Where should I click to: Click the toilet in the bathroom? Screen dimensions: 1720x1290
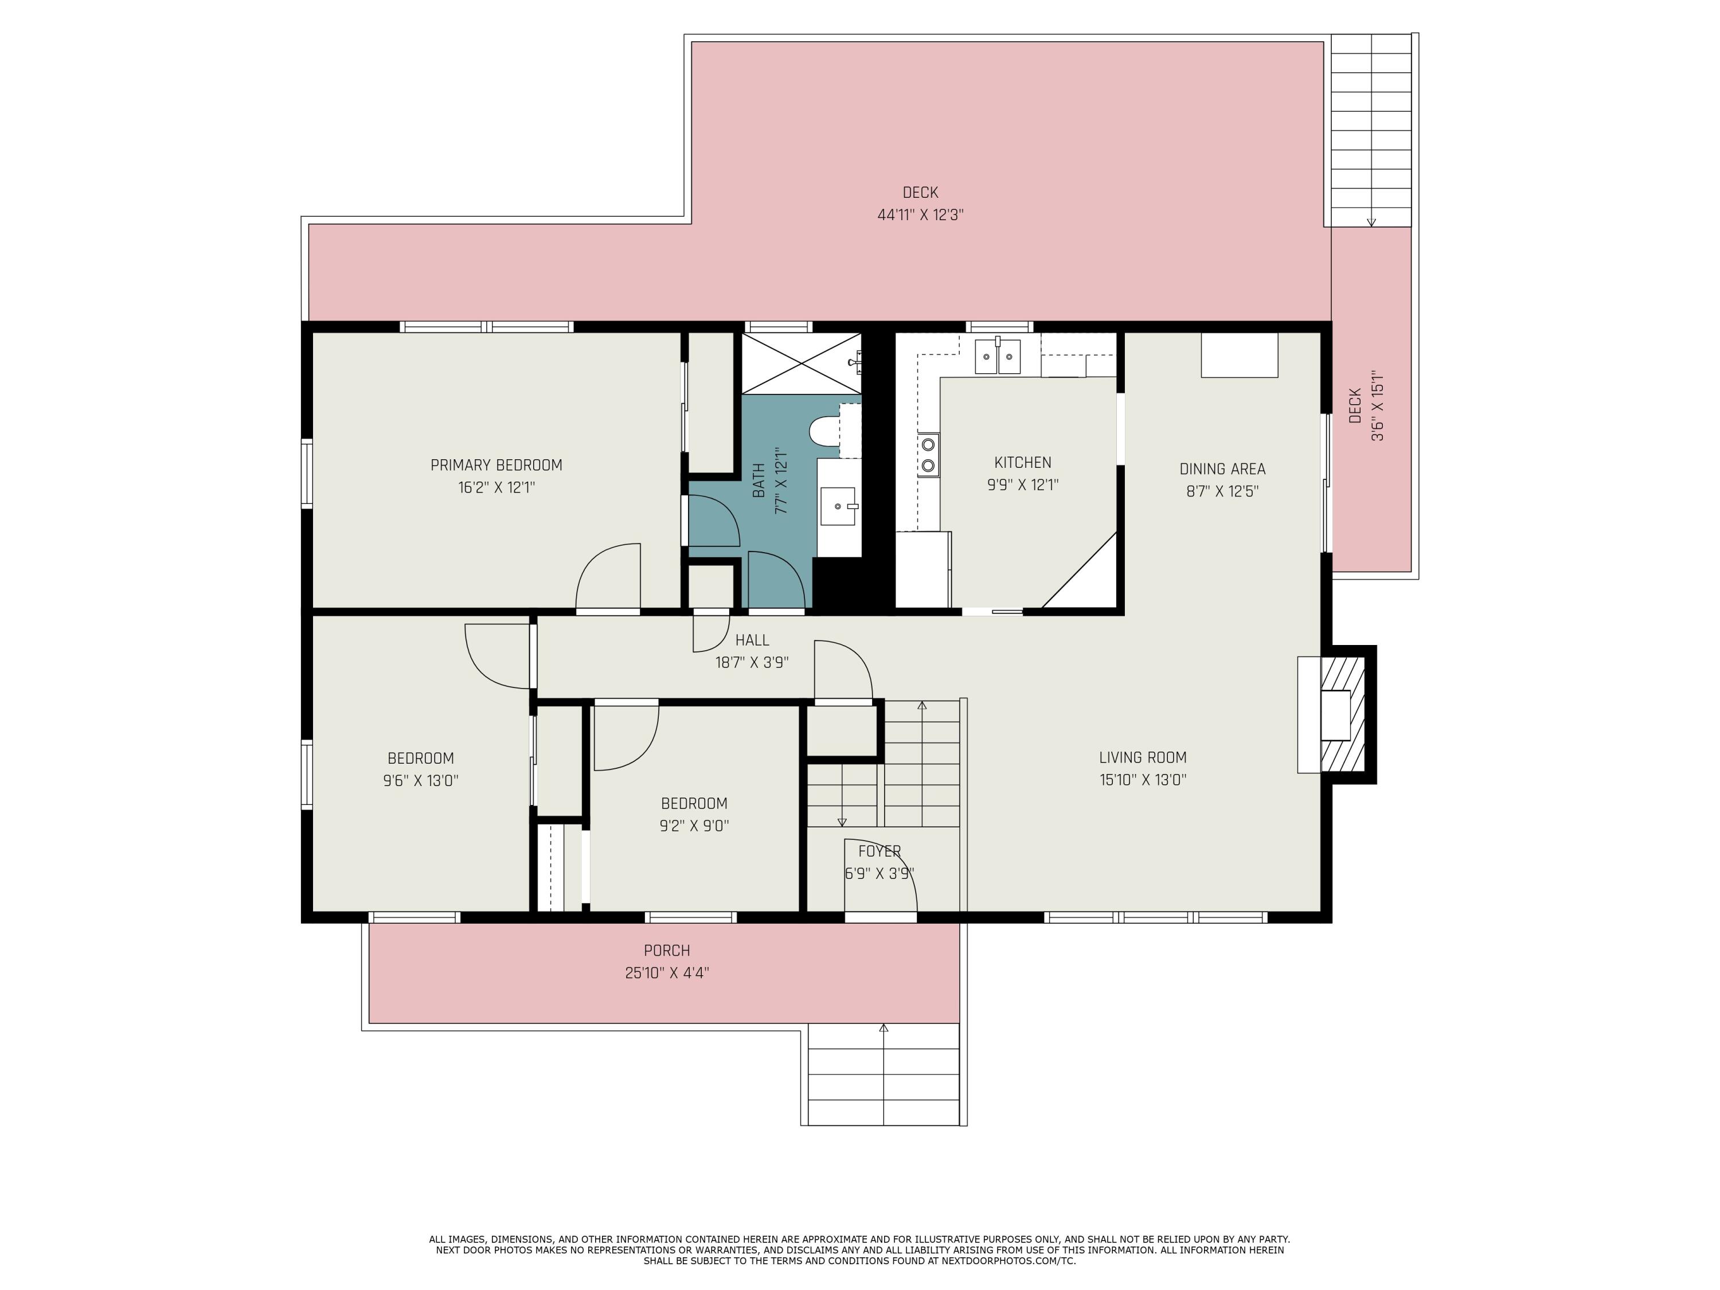coord(824,429)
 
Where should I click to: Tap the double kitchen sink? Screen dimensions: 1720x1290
coord(998,356)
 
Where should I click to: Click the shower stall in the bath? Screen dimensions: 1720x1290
coord(801,363)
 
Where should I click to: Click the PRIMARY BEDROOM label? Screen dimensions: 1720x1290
coord(496,465)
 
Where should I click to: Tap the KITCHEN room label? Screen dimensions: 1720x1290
coord(1022,463)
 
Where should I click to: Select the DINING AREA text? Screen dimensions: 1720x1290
coord(1222,469)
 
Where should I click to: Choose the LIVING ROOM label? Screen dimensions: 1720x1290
coord(1142,757)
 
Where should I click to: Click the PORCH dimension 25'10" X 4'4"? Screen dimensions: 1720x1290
coord(667,973)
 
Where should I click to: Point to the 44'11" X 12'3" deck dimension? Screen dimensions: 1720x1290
coord(921,214)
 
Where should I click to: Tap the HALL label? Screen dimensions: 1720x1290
coord(752,640)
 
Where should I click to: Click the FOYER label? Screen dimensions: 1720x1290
coord(879,851)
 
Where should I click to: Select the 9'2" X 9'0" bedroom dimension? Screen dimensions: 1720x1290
coord(694,826)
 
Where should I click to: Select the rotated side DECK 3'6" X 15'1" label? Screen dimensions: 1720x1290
coord(1366,405)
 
